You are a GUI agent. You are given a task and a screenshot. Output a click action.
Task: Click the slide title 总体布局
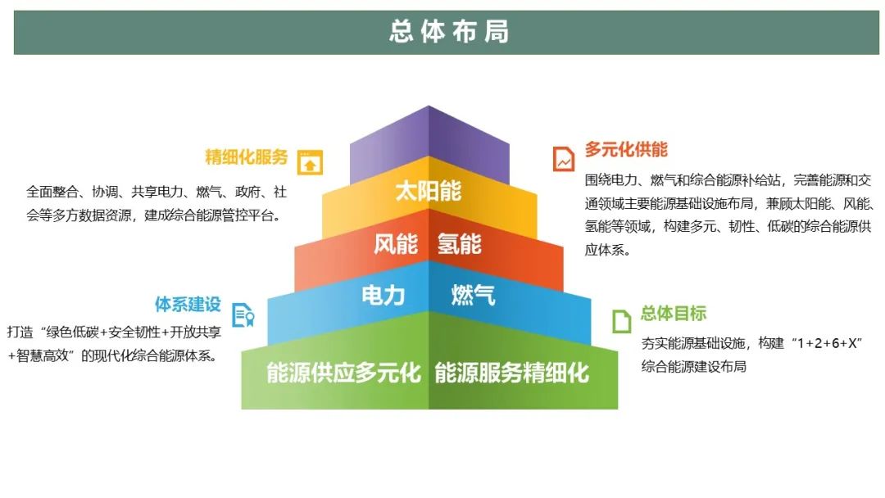[x=449, y=32]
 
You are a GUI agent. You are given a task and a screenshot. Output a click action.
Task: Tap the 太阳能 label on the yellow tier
[x=429, y=191]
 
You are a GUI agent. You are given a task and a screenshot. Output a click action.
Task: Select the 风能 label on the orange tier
[x=396, y=244]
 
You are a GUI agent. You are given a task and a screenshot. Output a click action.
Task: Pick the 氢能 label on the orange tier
[x=460, y=244]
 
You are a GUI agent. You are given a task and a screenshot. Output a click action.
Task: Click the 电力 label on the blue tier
[x=383, y=295]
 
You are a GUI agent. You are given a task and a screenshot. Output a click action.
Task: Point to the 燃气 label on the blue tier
[x=473, y=295]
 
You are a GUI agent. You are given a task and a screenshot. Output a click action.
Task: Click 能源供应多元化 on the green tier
[x=343, y=373]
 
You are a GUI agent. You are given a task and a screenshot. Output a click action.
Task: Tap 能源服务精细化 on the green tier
[x=512, y=373]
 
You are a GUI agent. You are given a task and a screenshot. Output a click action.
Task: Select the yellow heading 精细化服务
[x=247, y=156]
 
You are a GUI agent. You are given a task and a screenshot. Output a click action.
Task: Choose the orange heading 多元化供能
[x=626, y=149]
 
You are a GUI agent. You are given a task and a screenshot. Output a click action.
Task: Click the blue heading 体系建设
[x=188, y=305]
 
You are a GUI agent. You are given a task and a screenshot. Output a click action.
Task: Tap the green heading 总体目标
[x=674, y=313]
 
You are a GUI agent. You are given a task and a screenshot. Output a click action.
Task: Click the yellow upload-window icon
[x=310, y=162]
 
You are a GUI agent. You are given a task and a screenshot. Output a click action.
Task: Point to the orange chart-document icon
[x=563, y=158]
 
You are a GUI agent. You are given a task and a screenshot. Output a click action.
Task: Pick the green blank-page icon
[x=621, y=321]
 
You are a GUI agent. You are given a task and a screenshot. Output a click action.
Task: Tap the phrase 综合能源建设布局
[x=694, y=367]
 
